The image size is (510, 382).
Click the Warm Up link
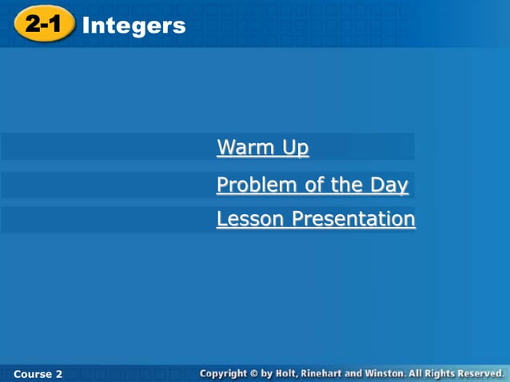point(262,148)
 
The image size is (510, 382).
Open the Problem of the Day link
point(312,185)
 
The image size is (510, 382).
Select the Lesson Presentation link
point(315,219)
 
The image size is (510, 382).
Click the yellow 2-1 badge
point(43,25)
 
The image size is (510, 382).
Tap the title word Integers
point(133,26)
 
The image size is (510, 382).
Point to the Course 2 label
point(38,373)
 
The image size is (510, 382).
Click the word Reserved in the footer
point(479,373)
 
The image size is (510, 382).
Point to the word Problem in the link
point(249,185)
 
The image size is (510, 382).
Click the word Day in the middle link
point(389,185)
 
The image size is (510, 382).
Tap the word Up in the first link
point(295,149)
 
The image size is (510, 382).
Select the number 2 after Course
point(58,373)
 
